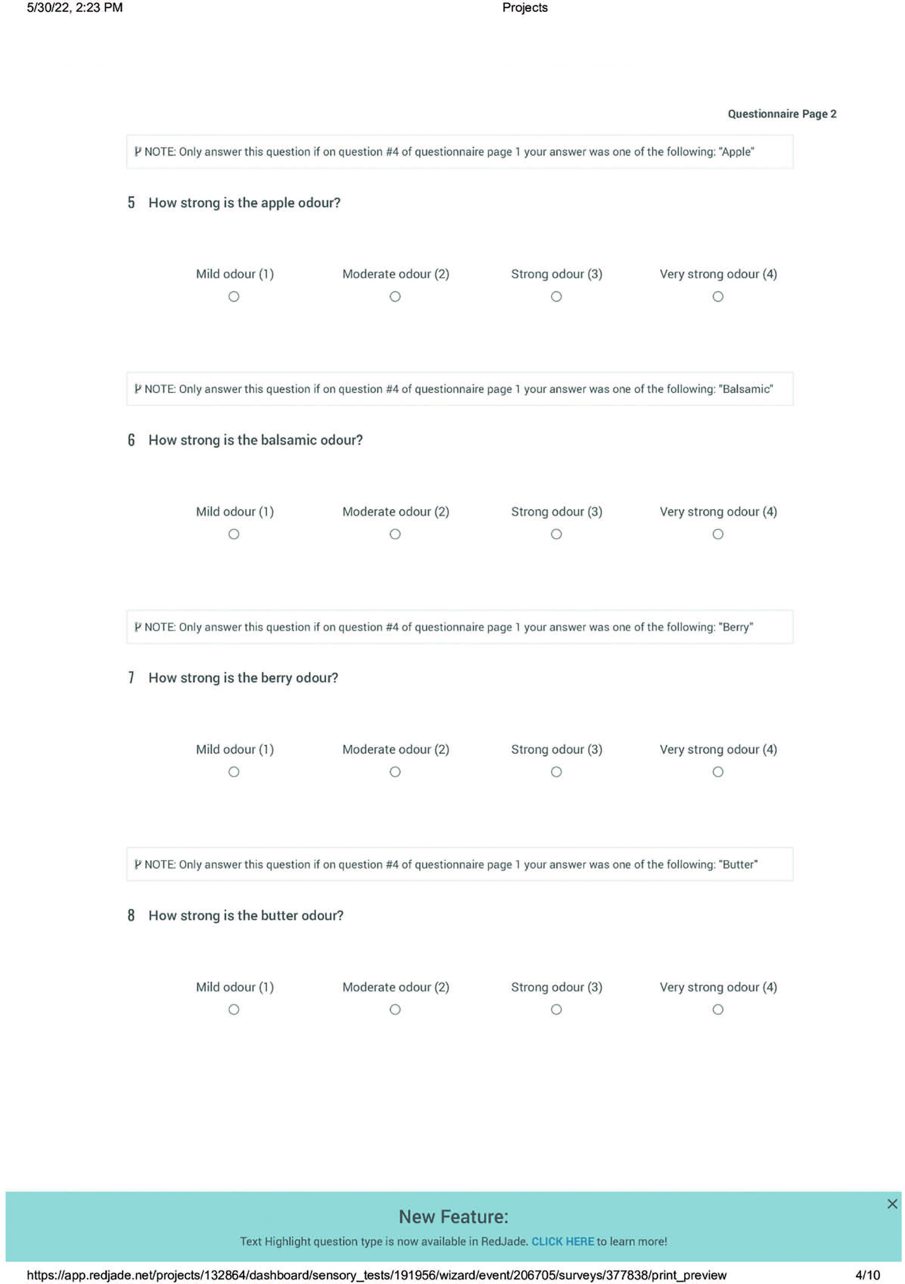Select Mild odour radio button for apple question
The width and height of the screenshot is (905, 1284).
click(x=234, y=296)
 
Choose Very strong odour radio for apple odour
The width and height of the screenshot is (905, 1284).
click(x=718, y=296)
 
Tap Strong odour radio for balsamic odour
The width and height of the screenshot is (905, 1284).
click(x=556, y=534)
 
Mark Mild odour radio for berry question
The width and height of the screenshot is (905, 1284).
click(x=234, y=772)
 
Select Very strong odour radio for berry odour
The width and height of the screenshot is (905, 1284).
click(x=718, y=772)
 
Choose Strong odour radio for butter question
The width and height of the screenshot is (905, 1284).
click(x=556, y=1010)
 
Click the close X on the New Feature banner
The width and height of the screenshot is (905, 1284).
click(x=892, y=1204)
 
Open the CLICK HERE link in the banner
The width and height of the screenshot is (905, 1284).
click(x=562, y=1242)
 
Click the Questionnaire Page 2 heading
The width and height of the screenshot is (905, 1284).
click(x=781, y=114)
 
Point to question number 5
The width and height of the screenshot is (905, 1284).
click(x=131, y=203)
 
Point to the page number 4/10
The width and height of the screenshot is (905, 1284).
click(x=868, y=1275)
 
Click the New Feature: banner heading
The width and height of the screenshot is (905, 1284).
click(x=453, y=1217)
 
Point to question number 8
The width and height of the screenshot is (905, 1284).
click(x=131, y=915)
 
